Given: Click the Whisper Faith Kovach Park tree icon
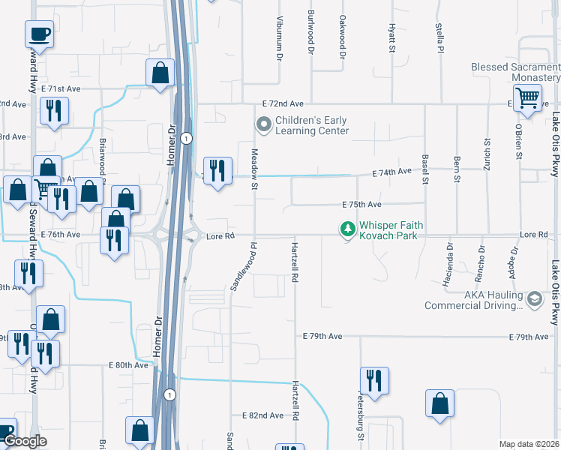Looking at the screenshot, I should pyautogui.click(x=346, y=228).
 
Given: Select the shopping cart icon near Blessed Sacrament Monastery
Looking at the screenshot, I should pyautogui.click(x=528, y=97).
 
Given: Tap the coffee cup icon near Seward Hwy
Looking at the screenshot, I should pyautogui.click(x=39, y=33).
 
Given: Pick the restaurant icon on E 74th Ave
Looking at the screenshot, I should pyautogui.click(x=217, y=170).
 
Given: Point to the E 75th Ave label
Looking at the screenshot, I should pyautogui.click(x=362, y=204).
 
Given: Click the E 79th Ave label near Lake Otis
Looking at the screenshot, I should pyautogui.click(x=529, y=337).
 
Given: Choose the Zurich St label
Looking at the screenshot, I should pyautogui.click(x=487, y=153).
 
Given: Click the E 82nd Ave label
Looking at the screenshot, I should pyautogui.click(x=262, y=415).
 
